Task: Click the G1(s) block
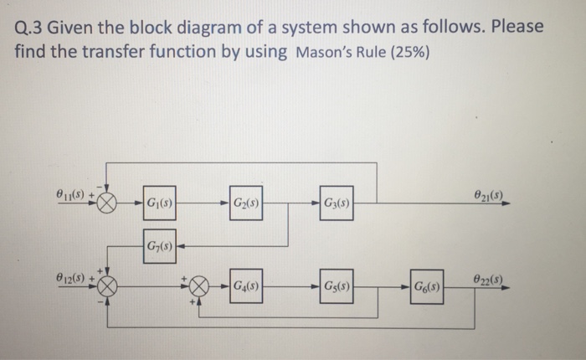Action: [x=158, y=203]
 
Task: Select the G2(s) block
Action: [x=245, y=203]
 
